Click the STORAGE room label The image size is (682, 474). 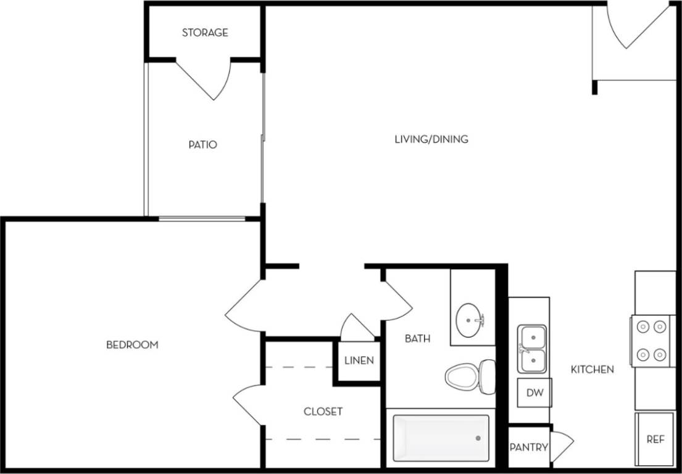pos(205,33)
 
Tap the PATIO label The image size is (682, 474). pos(203,145)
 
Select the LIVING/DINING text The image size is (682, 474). pos(431,139)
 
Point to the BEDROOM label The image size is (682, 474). pos(132,344)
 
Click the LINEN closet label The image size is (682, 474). pos(359,360)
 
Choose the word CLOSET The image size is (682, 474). pos(323,411)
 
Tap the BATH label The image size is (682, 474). pos(418,338)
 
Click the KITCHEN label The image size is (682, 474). pos(592,369)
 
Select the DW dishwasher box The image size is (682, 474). pos(534,393)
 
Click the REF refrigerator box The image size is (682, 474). pos(655,439)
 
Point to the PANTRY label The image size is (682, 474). pos(529,447)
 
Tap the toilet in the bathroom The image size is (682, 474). pos(469,376)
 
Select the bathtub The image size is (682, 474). pos(441,438)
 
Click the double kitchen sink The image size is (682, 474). pos(532,349)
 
